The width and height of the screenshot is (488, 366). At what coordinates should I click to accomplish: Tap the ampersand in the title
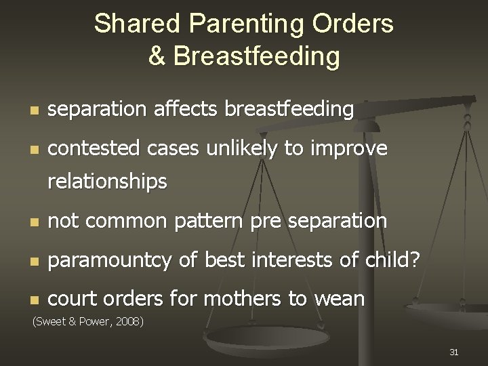coord(157,56)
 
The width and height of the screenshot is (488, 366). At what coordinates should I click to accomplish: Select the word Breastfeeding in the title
coord(256,56)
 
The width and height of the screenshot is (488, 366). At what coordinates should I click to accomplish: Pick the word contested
coord(94,148)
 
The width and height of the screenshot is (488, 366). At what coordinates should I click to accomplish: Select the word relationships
coord(108,182)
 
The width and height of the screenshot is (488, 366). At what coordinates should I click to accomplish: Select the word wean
coord(341,300)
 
